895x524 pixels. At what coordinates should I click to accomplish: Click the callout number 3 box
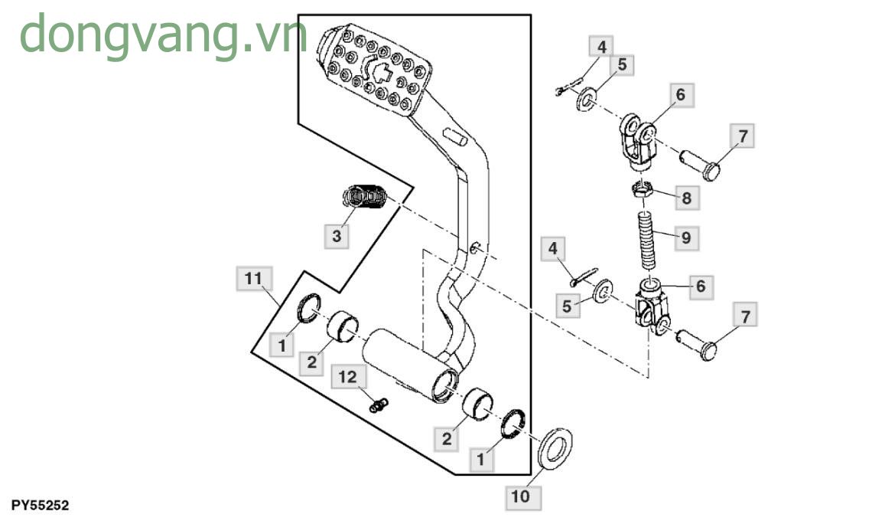coord(337,237)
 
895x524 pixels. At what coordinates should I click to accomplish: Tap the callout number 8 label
coord(685,199)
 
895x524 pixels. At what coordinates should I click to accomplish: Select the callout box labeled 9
coord(685,238)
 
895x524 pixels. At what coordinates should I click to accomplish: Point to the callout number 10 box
coord(520,497)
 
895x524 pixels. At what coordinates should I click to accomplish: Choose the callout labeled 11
coord(253,280)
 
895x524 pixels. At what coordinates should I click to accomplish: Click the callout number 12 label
coord(348,377)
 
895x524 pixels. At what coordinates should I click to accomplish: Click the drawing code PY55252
coord(40,506)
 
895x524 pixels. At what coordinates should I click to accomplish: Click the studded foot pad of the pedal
coord(375,69)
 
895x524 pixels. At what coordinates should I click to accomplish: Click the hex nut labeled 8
coord(643,189)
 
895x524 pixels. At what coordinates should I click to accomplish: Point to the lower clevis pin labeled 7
coord(699,342)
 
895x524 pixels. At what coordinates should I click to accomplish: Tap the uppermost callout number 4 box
coord(601,47)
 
